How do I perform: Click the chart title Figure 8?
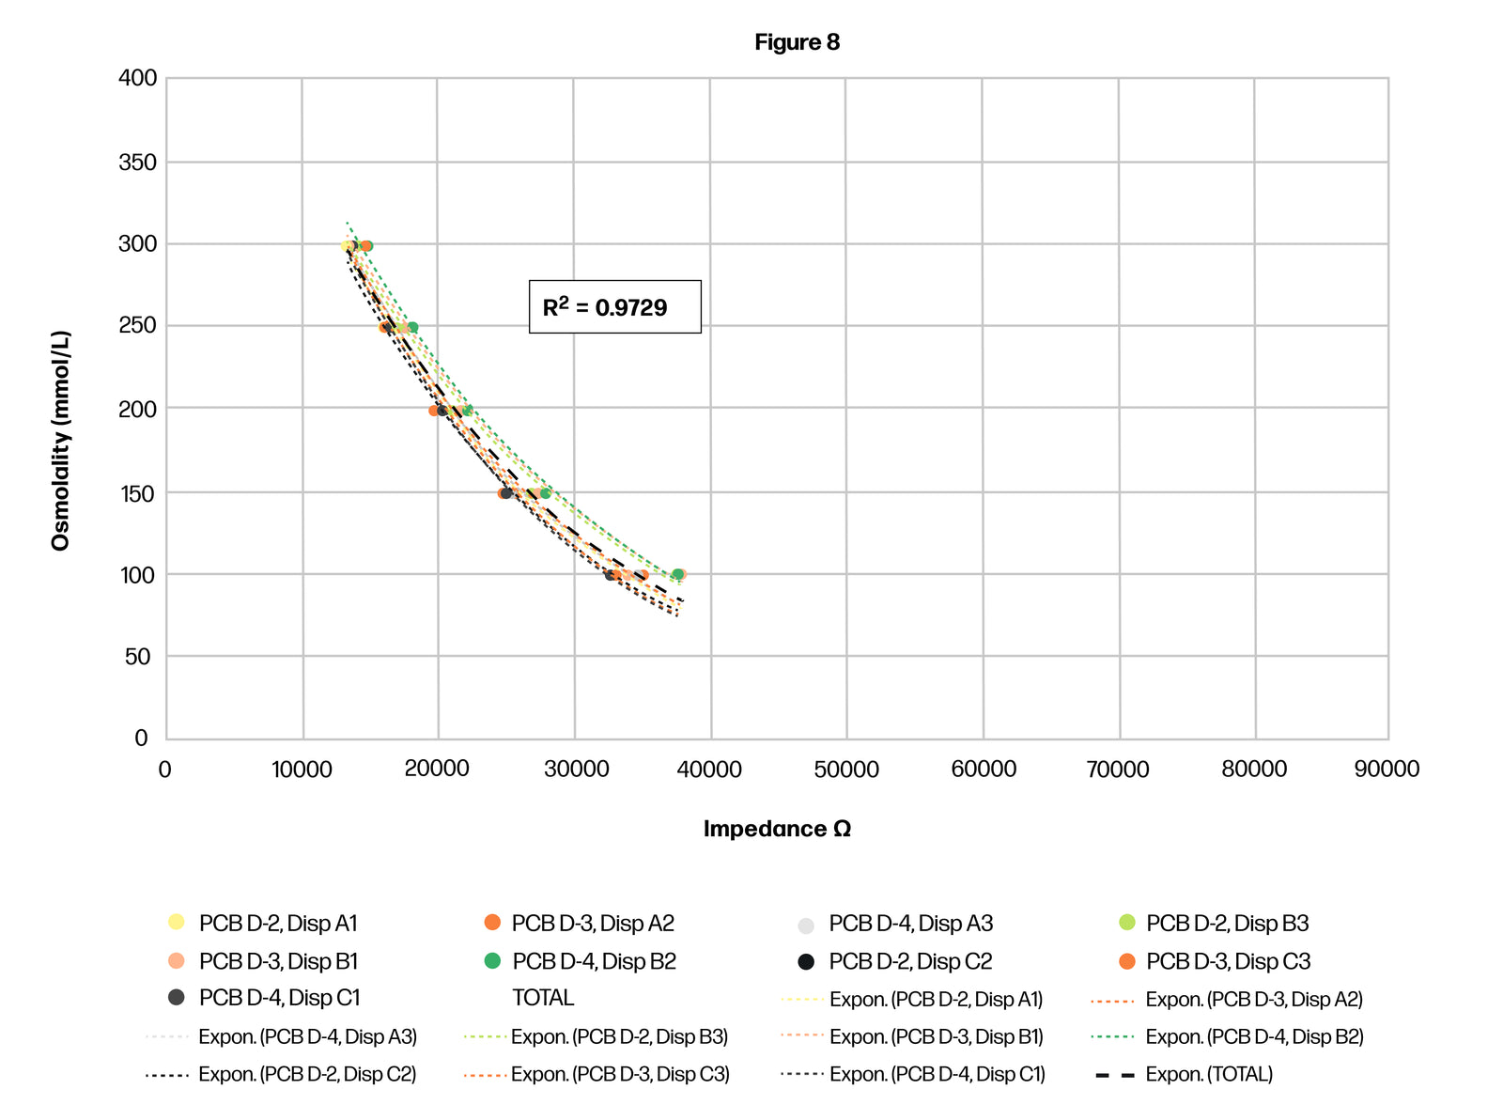click(797, 42)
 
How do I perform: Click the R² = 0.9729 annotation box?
click(614, 306)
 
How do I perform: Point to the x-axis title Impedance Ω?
click(777, 829)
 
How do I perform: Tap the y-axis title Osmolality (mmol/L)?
click(61, 440)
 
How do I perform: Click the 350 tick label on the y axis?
click(138, 163)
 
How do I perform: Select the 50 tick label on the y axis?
click(137, 657)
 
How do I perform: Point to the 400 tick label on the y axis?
click(138, 78)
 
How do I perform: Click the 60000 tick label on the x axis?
click(984, 770)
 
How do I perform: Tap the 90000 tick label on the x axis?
click(1387, 770)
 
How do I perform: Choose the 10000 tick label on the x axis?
click(302, 770)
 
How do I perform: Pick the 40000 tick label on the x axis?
click(709, 770)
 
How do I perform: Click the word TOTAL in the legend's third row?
click(543, 998)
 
